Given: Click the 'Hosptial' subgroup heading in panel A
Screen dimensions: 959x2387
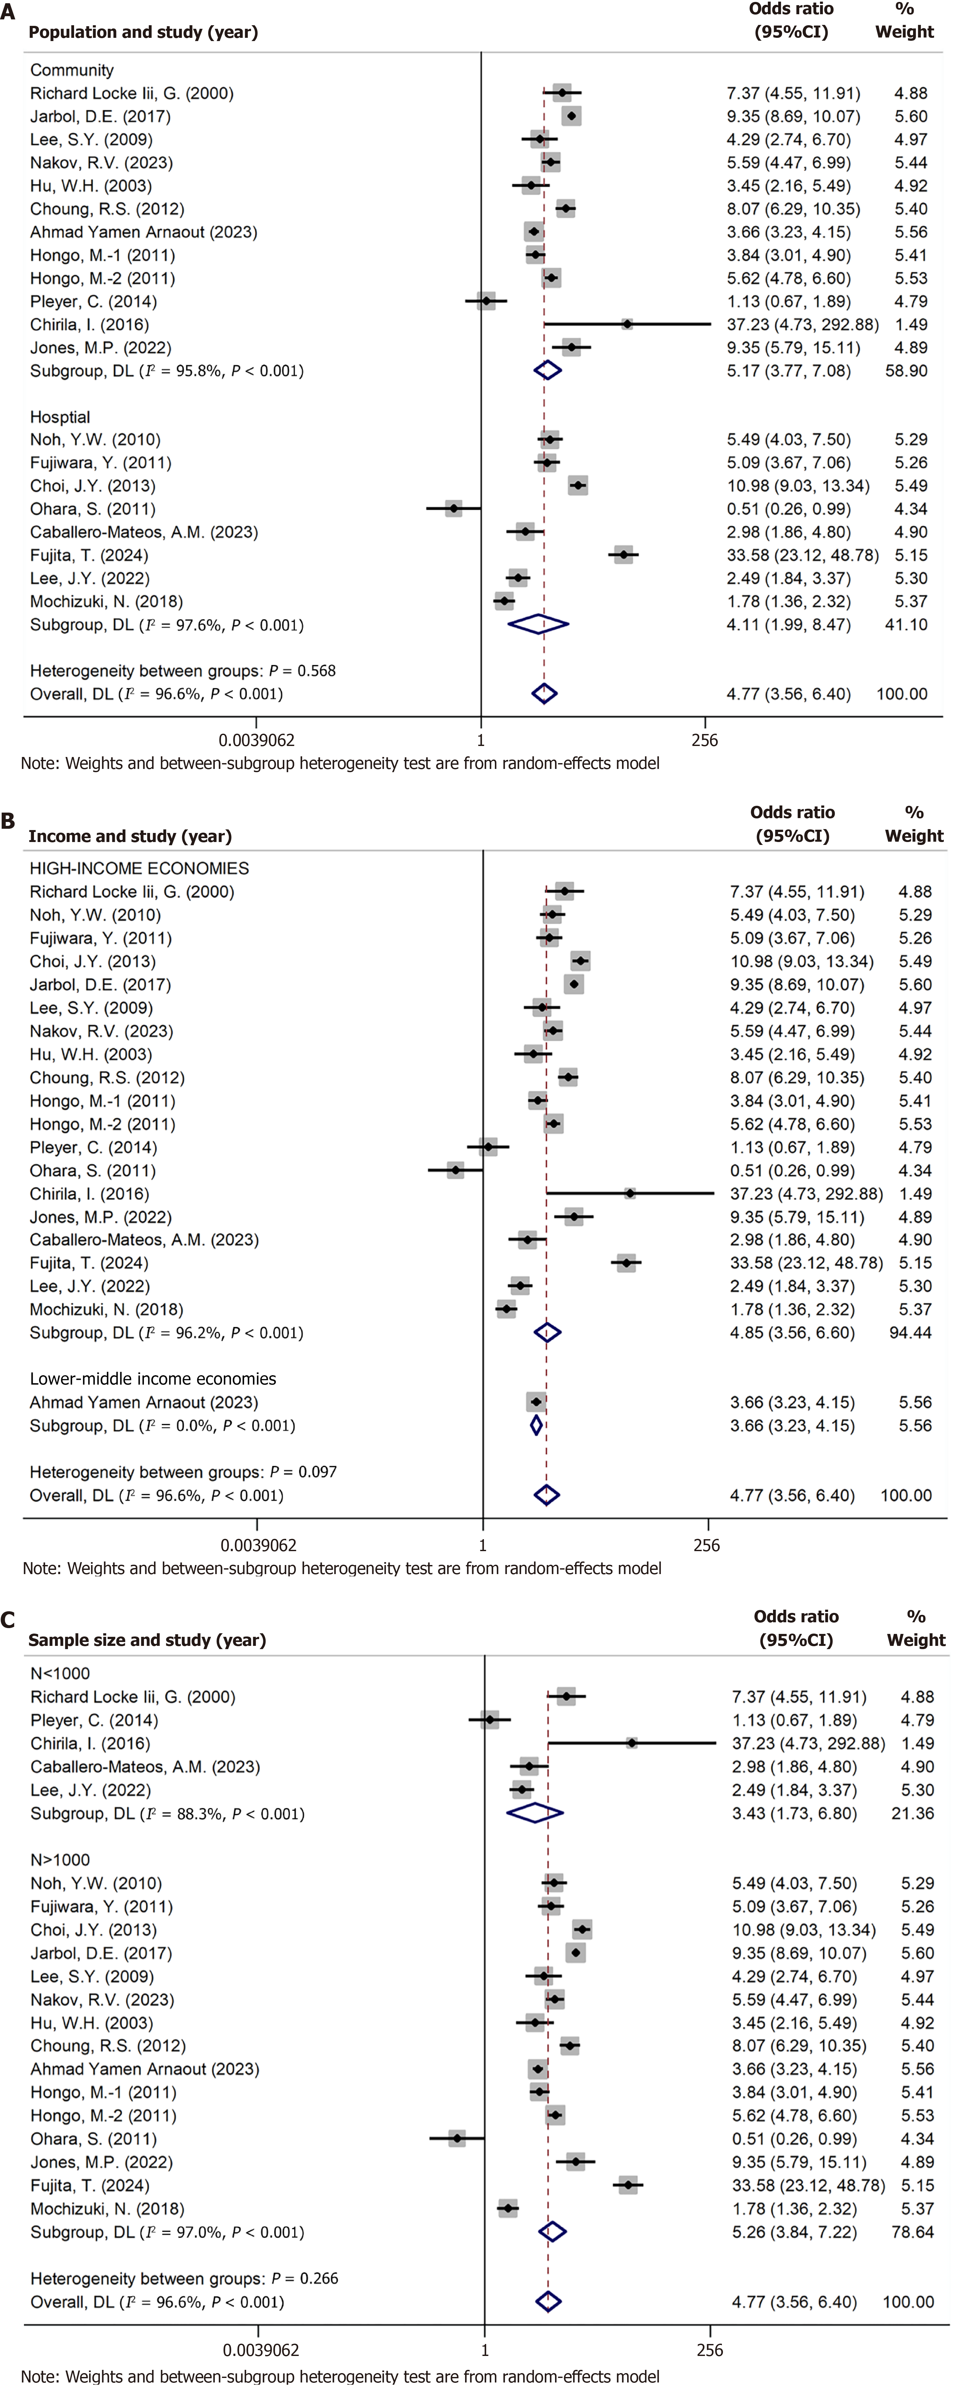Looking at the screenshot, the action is coord(60,417).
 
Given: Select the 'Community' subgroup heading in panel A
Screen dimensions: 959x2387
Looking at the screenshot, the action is coord(71,70).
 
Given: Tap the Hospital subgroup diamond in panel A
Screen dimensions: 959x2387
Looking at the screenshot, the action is coord(538,624).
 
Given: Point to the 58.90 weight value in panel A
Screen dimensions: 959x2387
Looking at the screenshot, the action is coord(905,371).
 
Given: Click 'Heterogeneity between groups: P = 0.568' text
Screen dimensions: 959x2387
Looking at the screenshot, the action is coord(182,671).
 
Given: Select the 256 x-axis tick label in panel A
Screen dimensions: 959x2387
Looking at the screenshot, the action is coord(704,740).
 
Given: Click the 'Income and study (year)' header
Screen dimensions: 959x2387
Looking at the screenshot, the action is coord(130,836).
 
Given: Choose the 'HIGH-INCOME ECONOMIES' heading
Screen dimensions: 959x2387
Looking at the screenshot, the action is coord(139,868).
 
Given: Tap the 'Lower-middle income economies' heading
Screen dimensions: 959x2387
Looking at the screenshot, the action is coord(153,1379).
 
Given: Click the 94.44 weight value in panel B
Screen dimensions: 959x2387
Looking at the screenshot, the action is coord(910,1333).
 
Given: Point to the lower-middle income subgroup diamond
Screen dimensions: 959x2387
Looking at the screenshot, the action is coord(536,1425).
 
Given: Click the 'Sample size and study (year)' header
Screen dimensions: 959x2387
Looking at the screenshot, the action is coord(147,1640).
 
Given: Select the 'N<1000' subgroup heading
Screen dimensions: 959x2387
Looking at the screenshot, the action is coord(60,1673).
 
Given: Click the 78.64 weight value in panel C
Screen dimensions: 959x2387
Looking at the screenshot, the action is coord(913,2232).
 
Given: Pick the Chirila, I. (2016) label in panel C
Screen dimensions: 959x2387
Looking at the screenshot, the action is coord(90,1743).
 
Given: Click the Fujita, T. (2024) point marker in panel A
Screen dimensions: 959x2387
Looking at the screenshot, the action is coord(624,555).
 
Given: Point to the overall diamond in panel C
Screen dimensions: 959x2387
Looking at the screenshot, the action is coord(548,2302).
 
